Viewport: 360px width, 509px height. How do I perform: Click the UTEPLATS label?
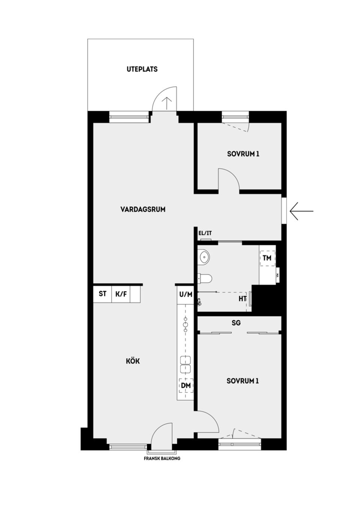click(x=142, y=69)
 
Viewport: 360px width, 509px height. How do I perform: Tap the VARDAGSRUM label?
click(x=143, y=209)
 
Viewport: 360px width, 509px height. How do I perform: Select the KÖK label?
click(x=133, y=361)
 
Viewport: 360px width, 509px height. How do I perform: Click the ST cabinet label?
click(x=102, y=294)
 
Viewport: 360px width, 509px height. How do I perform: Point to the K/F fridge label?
click(x=121, y=294)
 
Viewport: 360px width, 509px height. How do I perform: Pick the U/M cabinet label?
click(x=186, y=294)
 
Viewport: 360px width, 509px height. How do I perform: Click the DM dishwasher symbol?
click(x=186, y=386)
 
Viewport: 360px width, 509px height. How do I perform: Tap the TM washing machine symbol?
click(x=267, y=258)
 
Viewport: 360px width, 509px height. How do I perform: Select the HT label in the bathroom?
click(x=243, y=299)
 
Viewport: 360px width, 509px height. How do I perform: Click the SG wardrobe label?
click(x=236, y=323)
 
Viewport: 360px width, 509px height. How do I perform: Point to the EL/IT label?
click(x=205, y=233)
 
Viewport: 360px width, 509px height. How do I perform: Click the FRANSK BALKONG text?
click(x=162, y=458)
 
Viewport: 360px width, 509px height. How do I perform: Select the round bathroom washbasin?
click(x=204, y=257)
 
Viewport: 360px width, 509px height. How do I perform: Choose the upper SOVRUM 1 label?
click(x=243, y=154)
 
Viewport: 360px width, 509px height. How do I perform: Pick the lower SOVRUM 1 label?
click(x=243, y=381)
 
